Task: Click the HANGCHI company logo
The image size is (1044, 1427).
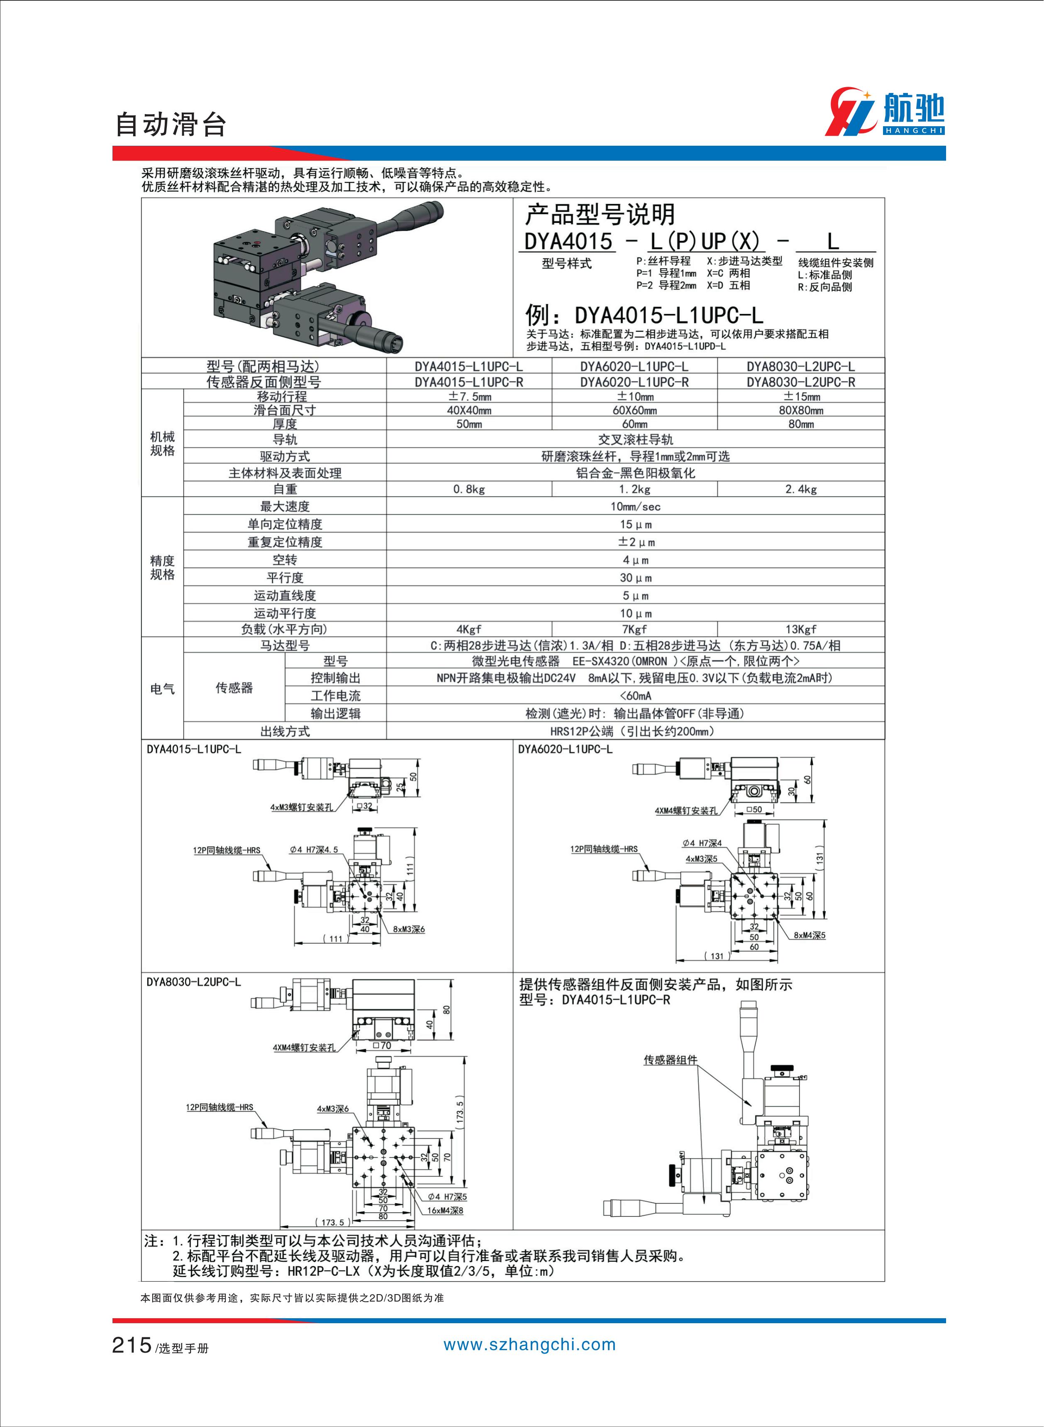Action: (884, 113)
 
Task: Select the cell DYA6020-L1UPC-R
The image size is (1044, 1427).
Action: (634, 382)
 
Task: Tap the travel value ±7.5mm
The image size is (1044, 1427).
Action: (469, 397)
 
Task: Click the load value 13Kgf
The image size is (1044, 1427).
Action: (801, 629)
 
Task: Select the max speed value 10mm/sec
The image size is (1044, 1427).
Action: (635, 507)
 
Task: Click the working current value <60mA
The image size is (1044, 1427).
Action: (635, 695)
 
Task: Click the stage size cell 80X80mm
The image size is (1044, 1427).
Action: (801, 410)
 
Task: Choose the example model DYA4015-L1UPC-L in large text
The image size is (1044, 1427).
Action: (668, 315)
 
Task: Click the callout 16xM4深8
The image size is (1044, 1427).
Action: (445, 1210)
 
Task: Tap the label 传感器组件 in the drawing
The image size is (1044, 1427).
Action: (670, 1060)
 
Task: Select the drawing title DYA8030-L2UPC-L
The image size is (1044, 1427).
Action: (193, 982)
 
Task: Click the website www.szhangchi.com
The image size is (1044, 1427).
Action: (529, 1345)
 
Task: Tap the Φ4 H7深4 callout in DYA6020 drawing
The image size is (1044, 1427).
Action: (702, 843)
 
